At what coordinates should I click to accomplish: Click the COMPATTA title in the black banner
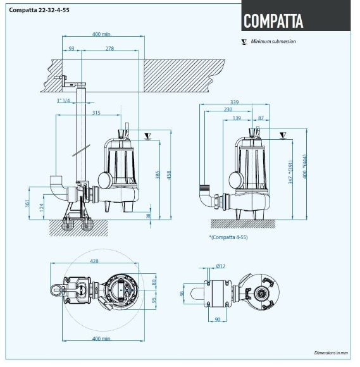click(x=273, y=20)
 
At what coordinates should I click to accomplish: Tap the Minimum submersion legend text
click(x=273, y=42)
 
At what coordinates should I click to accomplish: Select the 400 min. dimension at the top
click(x=101, y=34)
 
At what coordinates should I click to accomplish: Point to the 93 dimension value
click(x=71, y=49)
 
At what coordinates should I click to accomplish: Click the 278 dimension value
click(x=110, y=49)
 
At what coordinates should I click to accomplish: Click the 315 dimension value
click(x=96, y=113)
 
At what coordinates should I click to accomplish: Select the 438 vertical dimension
click(x=168, y=175)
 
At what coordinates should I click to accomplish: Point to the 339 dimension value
click(x=235, y=101)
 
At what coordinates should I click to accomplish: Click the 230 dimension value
click(x=227, y=109)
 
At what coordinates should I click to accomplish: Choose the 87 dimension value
click(x=262, y=118)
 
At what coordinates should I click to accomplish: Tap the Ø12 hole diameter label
click(x=220, y=266)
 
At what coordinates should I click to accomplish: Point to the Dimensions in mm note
click(x=331, y=352)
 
